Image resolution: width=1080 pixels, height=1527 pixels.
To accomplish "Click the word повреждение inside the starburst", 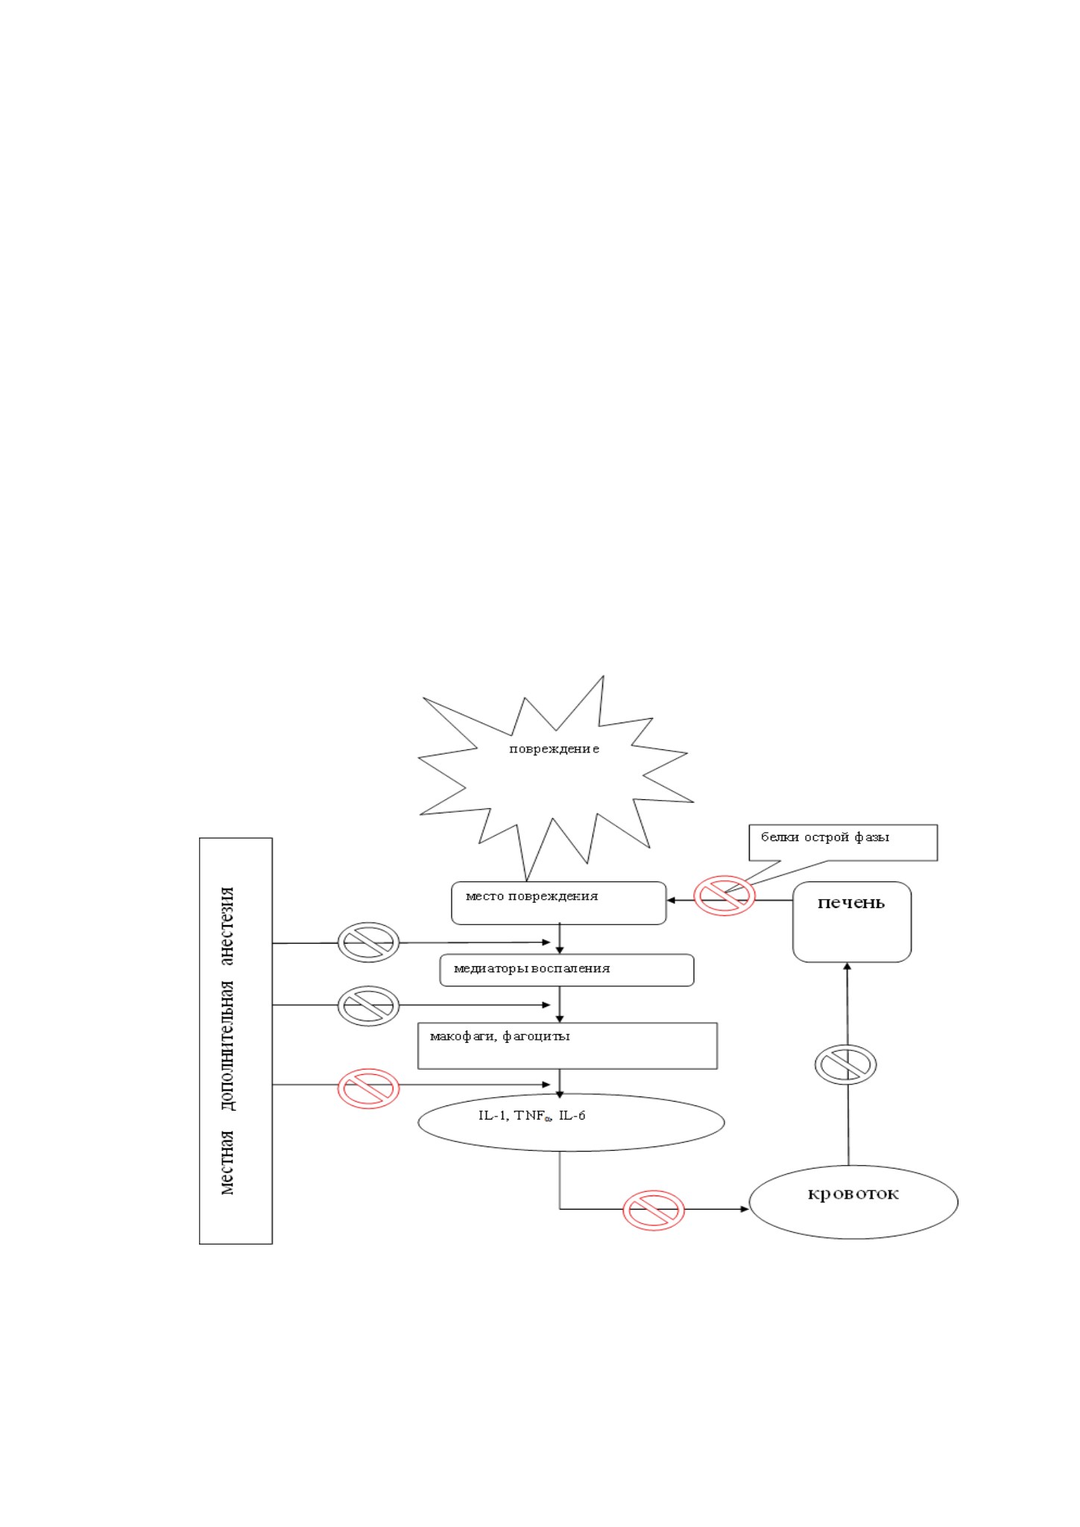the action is (554, 749).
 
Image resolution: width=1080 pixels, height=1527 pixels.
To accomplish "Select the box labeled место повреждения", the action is (559, 903).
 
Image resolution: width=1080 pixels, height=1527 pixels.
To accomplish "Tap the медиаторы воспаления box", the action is (566, 970).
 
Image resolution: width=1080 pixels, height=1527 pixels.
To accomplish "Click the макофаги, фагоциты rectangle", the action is (567, 1046).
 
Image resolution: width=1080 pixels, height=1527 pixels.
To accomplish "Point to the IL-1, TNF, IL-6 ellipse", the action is (571, 1122).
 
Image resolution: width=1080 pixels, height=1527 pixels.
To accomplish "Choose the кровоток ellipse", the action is (853, 1201).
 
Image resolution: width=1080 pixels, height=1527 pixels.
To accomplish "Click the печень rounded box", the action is (852, 922).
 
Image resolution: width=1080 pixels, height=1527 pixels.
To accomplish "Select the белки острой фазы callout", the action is (842, 842).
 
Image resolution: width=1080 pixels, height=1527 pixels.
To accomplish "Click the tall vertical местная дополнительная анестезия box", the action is (236, 1041).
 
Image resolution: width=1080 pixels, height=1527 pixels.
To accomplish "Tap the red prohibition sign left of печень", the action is (724, 895).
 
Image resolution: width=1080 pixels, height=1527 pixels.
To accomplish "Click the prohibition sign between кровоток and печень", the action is (845, 1064).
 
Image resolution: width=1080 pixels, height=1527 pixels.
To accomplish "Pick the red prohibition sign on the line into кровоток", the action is (654, 1210).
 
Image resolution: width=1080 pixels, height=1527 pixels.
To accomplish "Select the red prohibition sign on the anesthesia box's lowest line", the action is (368, 1089).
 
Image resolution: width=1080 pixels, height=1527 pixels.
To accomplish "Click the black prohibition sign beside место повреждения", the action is (368, 942).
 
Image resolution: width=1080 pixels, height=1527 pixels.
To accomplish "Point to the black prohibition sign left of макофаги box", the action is (368, 1006).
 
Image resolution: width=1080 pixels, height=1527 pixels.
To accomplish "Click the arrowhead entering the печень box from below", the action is (847, 967).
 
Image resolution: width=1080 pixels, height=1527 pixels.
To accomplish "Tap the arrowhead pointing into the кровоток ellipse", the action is (744, 1209).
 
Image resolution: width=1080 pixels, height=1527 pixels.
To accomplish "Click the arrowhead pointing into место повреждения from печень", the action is (671, 900).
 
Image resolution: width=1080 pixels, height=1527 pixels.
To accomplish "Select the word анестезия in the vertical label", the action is (227, 926).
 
